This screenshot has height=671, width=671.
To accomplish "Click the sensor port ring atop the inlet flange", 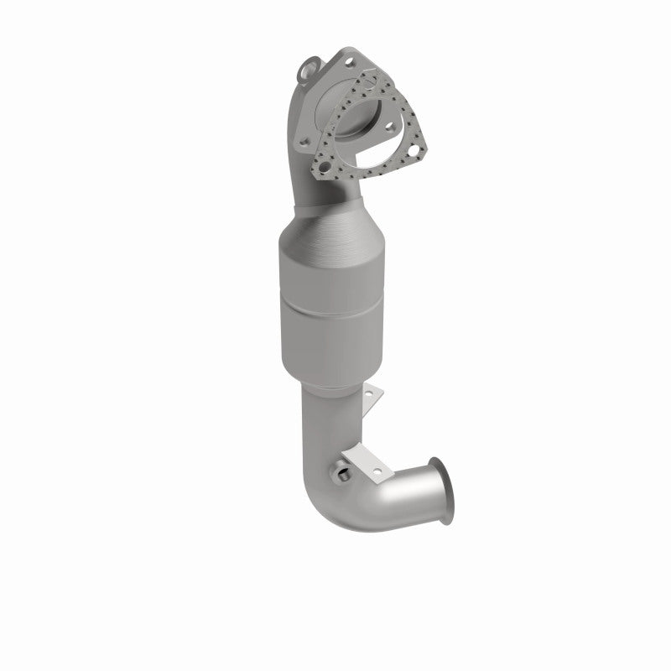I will coord(310,65).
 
